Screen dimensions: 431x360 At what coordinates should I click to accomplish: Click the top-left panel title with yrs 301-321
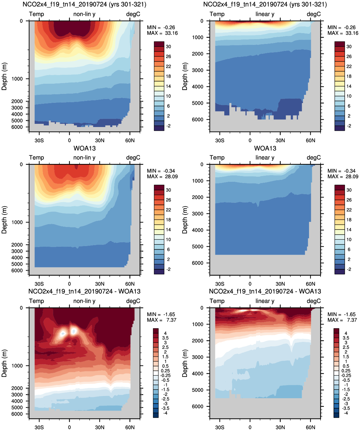84,4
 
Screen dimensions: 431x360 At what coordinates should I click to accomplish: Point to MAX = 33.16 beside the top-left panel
162,33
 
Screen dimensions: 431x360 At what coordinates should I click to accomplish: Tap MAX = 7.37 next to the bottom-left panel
162,320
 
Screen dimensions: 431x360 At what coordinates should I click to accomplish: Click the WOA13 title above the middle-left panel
84,148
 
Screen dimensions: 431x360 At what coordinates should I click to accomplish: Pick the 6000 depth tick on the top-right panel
198,120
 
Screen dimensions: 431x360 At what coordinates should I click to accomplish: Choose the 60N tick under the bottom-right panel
311,427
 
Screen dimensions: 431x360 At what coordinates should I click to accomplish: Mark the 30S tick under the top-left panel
39,140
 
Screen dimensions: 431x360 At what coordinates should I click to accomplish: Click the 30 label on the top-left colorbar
168,46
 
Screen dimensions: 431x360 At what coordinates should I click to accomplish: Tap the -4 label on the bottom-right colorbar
346,413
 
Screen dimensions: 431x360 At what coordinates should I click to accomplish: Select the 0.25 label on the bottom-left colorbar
166,371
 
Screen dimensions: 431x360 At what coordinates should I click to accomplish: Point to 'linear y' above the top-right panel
265,14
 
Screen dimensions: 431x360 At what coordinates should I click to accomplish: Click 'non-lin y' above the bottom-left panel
84,301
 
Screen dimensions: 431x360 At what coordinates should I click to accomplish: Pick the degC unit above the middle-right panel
314,158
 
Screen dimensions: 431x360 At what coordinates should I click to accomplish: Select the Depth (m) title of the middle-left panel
4,220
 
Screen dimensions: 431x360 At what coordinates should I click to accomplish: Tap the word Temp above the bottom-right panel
217,301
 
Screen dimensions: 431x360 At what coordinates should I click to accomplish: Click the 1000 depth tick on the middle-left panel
17,222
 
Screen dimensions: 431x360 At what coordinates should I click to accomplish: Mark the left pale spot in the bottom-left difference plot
63,333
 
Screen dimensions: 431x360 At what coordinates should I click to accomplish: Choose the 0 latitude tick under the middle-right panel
250,284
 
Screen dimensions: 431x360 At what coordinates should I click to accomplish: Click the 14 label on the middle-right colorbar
349,230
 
